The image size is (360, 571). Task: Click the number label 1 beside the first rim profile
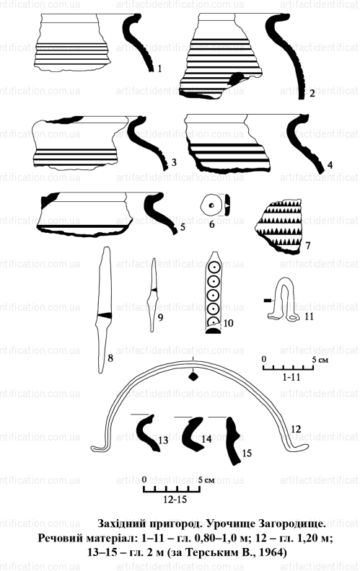click(x=159, y=68)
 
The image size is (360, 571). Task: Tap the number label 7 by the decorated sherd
click(x=308, y=245)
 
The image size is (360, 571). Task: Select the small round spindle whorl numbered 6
click(x=211, y=205)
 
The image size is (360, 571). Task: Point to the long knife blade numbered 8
click(x=104, y=309)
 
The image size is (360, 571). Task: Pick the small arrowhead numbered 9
click(x=154, y=295)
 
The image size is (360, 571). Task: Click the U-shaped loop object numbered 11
click(x=283, y=301)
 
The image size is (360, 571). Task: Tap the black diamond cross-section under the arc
click(x=193, y=377)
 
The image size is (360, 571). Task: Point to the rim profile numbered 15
click(x=234, y=440)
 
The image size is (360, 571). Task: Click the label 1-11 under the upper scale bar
click(x=291, y=377)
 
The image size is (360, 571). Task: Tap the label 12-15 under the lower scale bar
click(x=175, y=499)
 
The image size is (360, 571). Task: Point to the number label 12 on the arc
click(x=296, y=429)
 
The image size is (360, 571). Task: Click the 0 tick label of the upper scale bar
click(x=265, y=359)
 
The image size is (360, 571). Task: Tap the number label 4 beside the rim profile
click(x=330, y=165)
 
